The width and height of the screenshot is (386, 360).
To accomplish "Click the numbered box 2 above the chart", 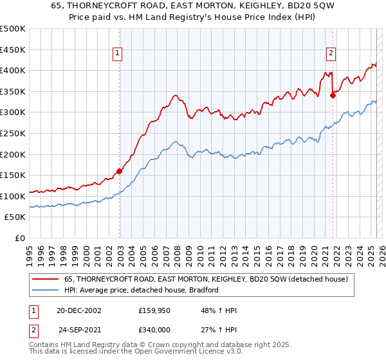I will [x=331, y=54].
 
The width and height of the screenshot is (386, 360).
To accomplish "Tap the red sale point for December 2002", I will [x=120, y=171].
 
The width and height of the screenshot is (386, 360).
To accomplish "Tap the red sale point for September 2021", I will [x=333, y=95].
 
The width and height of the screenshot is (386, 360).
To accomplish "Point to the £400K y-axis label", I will [x=13, y=70].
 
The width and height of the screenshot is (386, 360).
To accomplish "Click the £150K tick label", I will [x=13, y=175].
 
